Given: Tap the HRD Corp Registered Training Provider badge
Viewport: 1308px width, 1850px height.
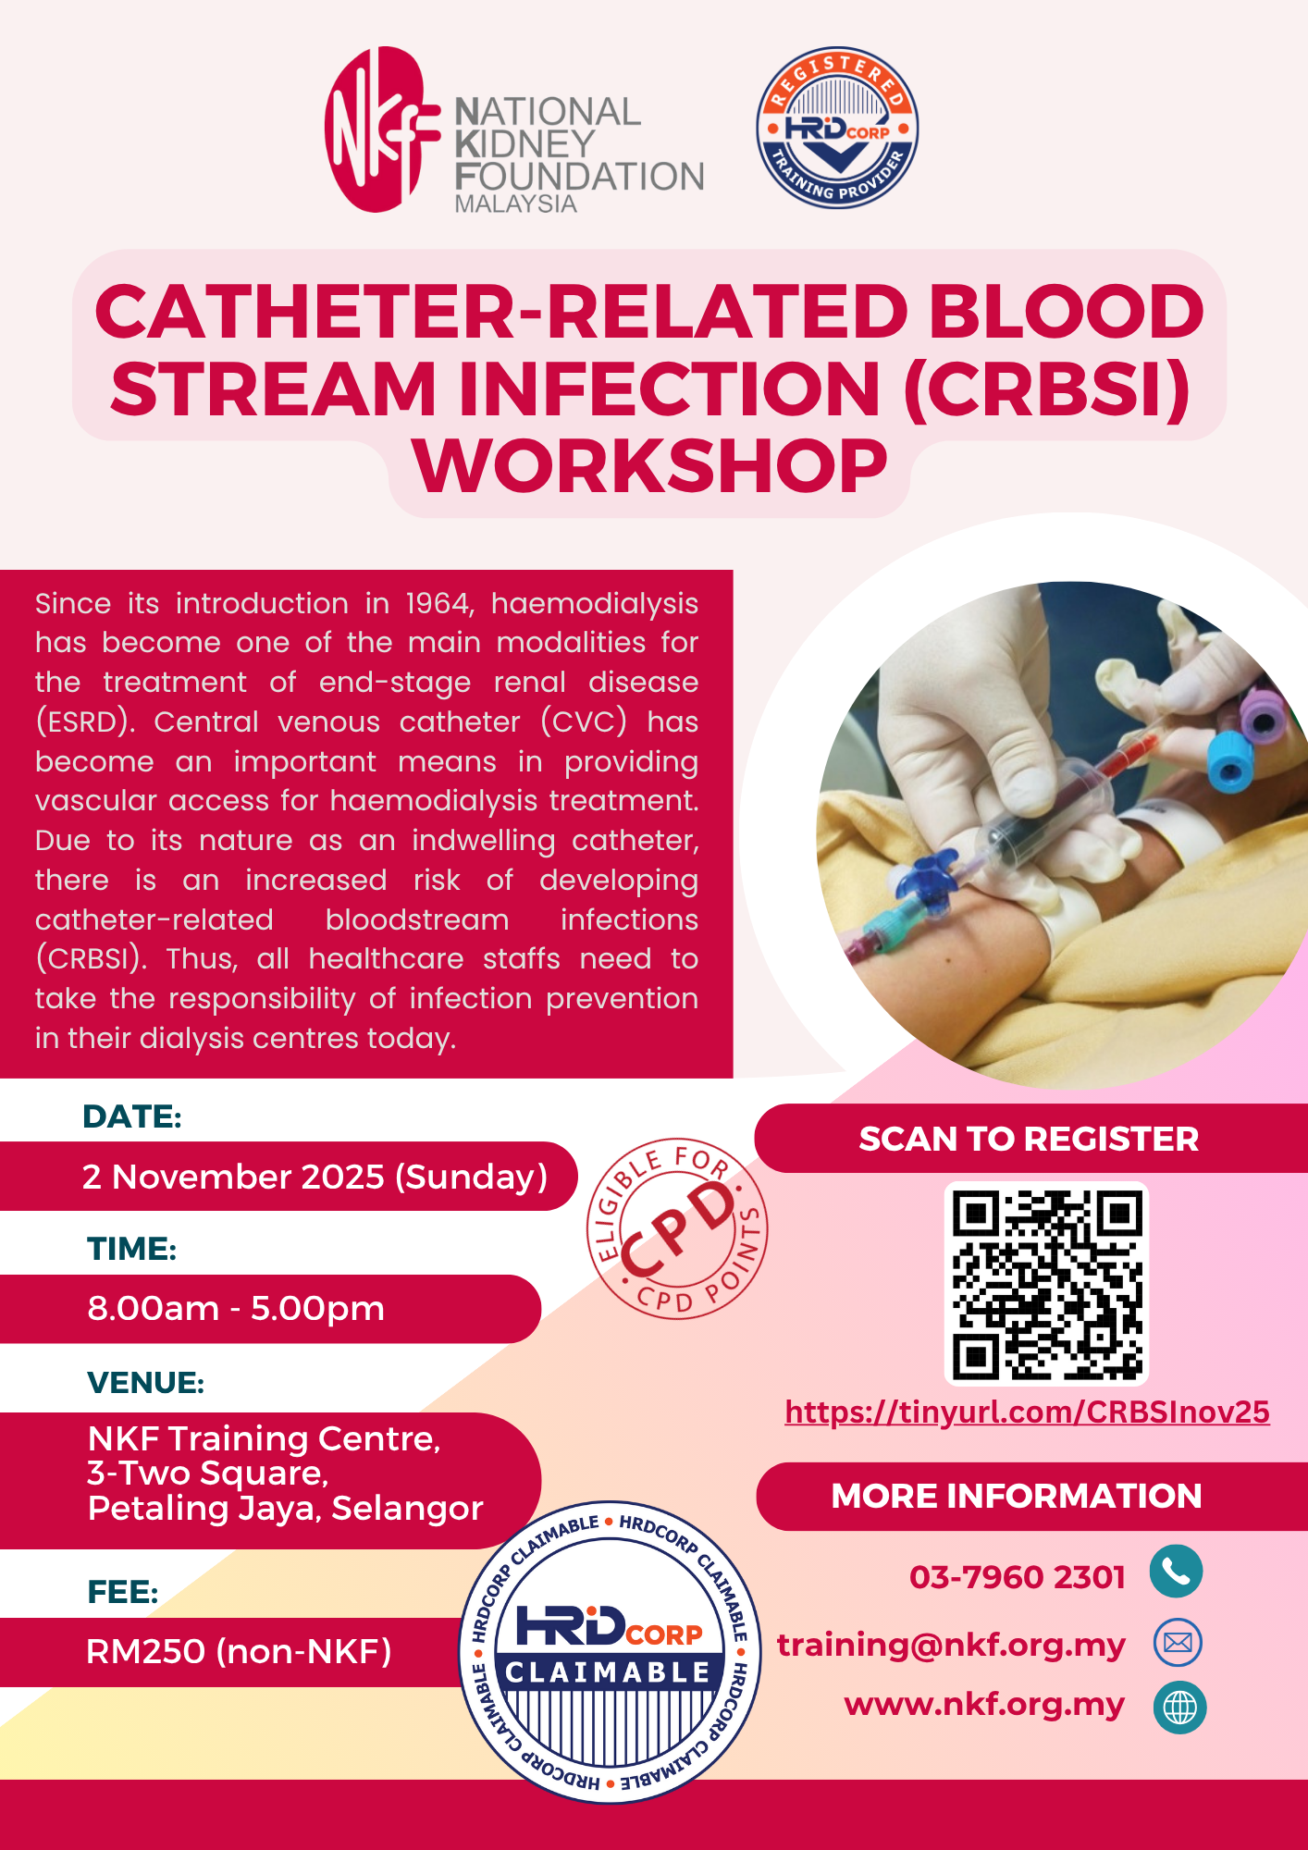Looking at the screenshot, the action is point(837,128).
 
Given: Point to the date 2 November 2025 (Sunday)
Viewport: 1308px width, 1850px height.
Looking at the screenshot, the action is point(315,1177).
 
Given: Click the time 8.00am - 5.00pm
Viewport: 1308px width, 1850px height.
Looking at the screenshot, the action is point(236,1308).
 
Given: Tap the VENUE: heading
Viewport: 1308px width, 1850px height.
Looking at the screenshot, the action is point(146,1382).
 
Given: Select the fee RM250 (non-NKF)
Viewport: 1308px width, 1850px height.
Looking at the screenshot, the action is point(239,1651).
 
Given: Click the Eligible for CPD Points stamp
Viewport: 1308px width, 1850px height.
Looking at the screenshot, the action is point(677,1228).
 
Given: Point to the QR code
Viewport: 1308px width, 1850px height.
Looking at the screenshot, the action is point(1046,1284).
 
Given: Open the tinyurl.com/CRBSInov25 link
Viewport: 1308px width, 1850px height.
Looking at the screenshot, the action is point(1027,1412).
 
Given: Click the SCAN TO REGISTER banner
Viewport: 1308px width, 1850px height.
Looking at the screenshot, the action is point(1030,1138).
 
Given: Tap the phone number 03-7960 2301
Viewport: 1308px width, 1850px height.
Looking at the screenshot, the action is point(1018,1576).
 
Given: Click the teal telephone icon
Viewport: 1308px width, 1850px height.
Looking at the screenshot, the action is point(1176,1572).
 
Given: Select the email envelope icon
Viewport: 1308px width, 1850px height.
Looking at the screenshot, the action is point(1178,1642).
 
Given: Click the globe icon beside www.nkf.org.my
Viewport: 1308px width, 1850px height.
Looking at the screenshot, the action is point(1179,1707).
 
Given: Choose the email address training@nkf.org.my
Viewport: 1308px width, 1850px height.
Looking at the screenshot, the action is point(951,1645).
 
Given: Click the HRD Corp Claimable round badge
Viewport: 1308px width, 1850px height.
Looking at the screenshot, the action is point(610,1652).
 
